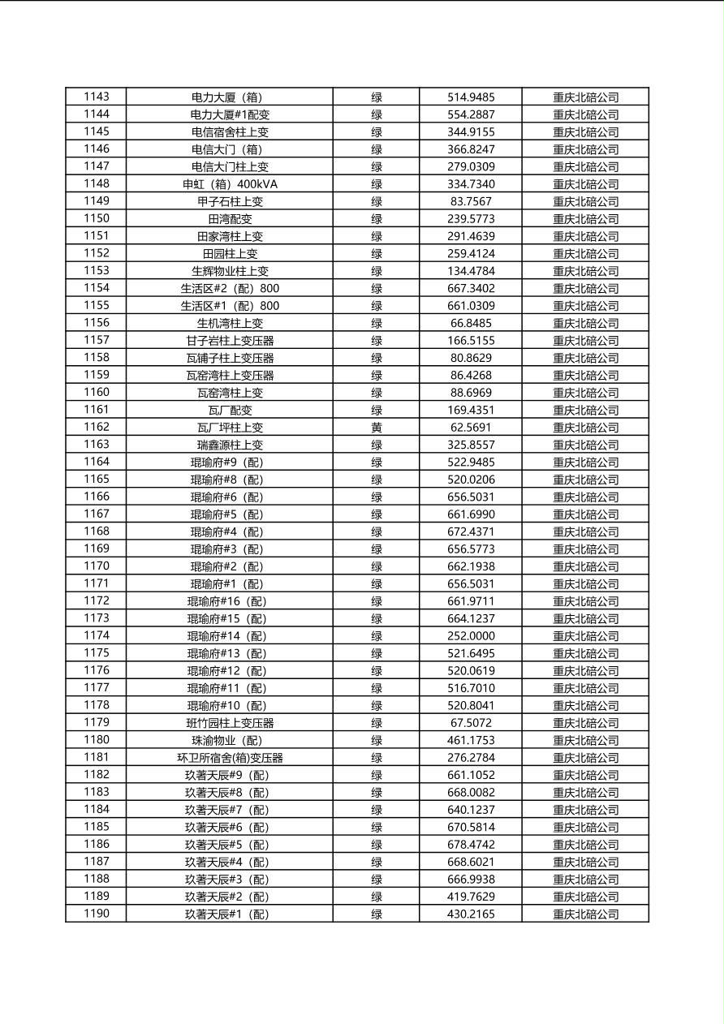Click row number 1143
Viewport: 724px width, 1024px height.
[x=96, y=97]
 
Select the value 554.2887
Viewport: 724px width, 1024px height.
[x=471, y=114]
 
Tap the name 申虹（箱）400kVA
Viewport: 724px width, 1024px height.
[x=230, y=184]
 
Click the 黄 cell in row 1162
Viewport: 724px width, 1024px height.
[x=377, y=427]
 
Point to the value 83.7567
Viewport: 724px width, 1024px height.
[x=471, y=201]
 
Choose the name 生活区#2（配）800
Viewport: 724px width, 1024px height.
[x=230, y=288]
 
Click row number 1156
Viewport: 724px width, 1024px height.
[x=96, y=323]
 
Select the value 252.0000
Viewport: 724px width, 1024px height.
[x=471, y=635]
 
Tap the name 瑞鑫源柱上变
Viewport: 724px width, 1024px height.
[x=230, y=445]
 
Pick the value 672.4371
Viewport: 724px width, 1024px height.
[x=471, y=531]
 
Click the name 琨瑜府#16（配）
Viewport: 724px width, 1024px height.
[x=230, y=601]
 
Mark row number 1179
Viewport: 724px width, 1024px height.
[x=96, y=722]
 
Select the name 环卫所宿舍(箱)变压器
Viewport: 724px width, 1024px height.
[x=230, y=758]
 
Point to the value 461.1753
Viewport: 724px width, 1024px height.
[x=471, y=740]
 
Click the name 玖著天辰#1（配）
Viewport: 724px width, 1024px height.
[x=230, y=914]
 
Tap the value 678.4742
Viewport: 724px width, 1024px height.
[x=471, y=844]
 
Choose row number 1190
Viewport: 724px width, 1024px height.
[x=96, y=914]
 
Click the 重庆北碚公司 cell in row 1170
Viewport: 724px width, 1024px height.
[x=585, y=566]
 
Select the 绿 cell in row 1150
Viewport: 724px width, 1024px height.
[x=377, y=219]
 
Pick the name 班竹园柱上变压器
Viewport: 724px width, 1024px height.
[x=230, y=723]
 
